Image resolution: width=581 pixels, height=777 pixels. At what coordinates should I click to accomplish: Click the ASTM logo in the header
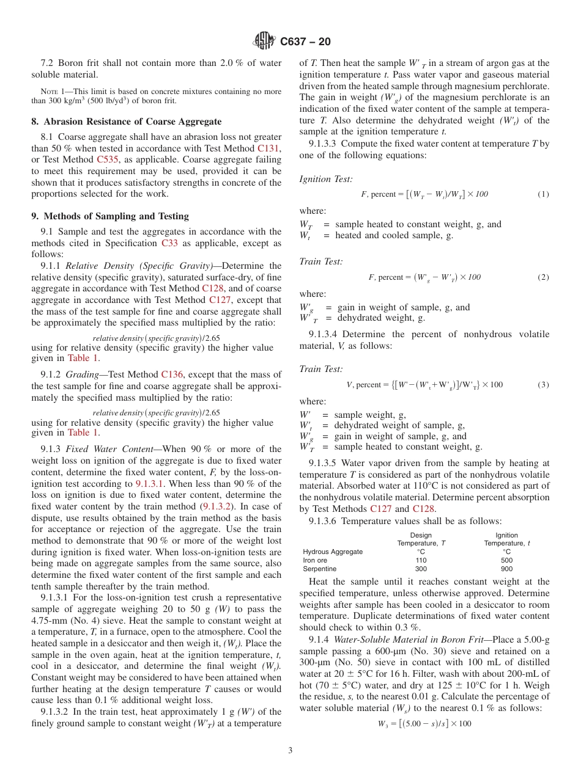264,42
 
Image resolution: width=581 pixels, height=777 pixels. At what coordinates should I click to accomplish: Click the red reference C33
169,243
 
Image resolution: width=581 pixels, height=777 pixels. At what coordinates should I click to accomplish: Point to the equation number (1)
543,194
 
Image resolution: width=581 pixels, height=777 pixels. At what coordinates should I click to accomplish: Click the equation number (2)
543,277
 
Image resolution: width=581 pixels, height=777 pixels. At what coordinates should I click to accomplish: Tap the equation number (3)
543,384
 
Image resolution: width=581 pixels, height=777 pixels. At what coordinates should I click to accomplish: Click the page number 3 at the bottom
290,751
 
